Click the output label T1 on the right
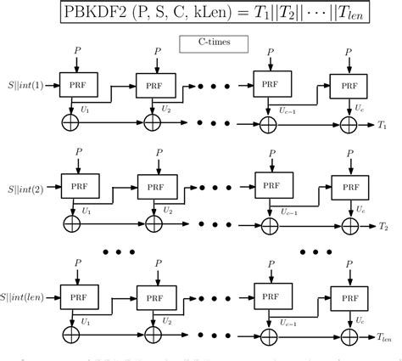384,125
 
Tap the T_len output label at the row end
387,336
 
